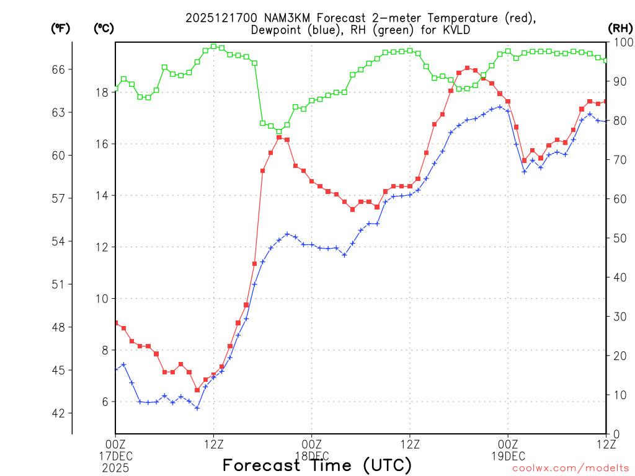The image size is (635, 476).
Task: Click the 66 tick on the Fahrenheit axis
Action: pos(58,69)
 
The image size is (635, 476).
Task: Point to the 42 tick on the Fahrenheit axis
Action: pos(58,413)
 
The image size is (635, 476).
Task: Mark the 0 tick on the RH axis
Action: pos(613,434)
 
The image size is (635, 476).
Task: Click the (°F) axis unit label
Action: pos(61,28)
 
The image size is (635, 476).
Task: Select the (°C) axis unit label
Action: pos(104,28)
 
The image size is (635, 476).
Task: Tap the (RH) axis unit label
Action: pos(620,28)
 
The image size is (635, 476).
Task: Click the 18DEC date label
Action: pos(311,456)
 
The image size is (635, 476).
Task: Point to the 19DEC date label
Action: pos(508,456)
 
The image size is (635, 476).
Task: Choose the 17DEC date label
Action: pos(115,456)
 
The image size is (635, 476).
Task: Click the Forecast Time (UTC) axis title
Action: pos(317,465)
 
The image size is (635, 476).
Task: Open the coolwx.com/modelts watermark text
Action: pos(570,469)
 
